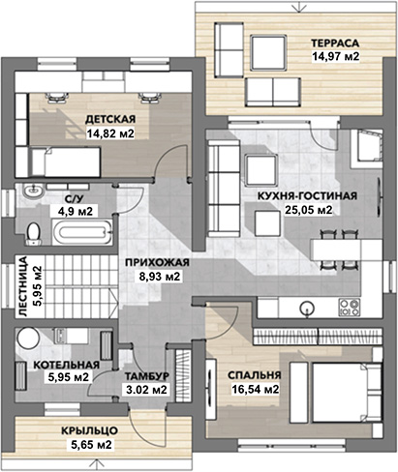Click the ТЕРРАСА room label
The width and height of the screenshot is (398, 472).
pyautogui.click(x=335, y=43)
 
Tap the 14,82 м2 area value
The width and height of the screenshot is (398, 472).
pyautogui.click(x=110, y=133)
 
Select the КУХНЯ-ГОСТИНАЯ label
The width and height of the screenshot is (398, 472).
pyautogui.click(x=307, y=195)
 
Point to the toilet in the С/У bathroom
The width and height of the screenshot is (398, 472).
pyautogui.click(x=33, y=233)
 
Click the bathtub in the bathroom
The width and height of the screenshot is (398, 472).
pyautogui.click(x=82, y=231)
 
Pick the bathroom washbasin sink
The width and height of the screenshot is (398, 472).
pyautogui.click(x=33, y=191)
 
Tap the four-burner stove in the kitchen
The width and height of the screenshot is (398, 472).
pyautogui.click(x=349, y=307)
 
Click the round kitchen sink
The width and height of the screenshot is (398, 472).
pyautogui.click(x=306, y=308)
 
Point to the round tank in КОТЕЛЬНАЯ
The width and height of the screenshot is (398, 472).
pyautogui.click(x=28, y=338)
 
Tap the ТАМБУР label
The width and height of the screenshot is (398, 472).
pyautogui.click(x=147, y=376)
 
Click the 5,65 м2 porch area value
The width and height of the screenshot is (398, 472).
pyautogui.click(x=91, y=445)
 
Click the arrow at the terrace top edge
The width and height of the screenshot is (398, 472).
pyautogui.click(x=299, y=6)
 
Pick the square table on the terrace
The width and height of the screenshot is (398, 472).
pyautogui.click(x=268, y=52)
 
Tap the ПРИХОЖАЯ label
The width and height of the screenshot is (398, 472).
pyautogui.click(x=157, y=262)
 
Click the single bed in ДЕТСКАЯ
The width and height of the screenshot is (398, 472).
pyautogui.click(x=66, y=162)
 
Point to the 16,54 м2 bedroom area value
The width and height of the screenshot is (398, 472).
pyautogui.click(x=256, y=389)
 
